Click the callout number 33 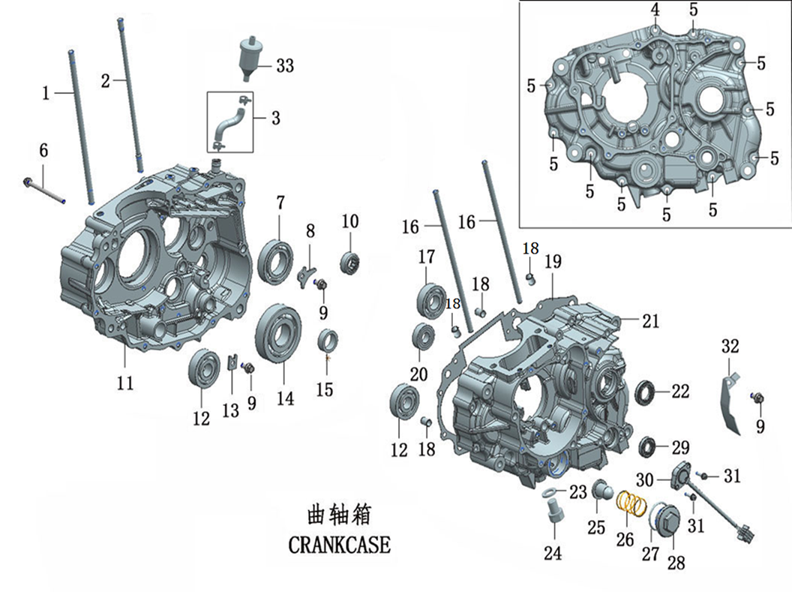(285, 66)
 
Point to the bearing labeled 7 (276, 260)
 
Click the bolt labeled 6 (46, 191)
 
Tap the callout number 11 (124, 383)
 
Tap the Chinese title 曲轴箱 (339, 515)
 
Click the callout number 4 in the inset (655, 10)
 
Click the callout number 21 (650, 321)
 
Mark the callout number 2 (106, 80)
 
